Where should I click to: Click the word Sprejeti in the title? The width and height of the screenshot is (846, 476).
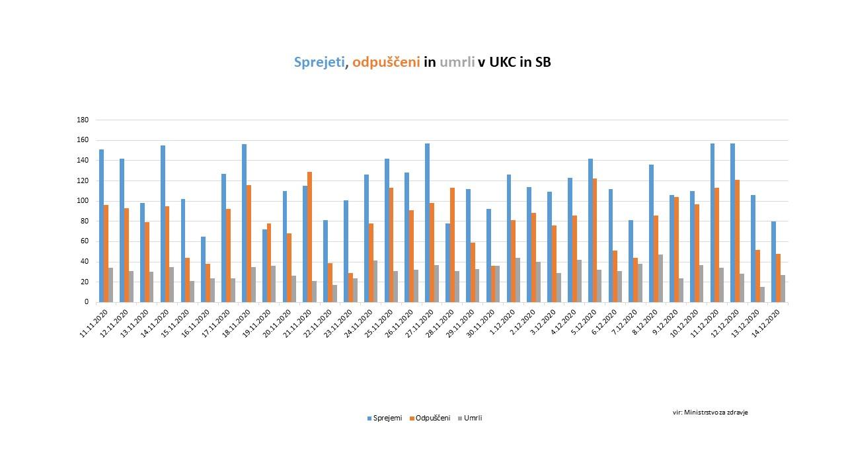(x=319, y=63)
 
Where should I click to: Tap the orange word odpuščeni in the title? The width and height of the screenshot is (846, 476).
(x=386, y=63)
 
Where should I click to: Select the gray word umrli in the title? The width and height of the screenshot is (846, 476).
(x=457, y=63)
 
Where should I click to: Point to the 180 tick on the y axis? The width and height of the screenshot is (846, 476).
(x=83, y=120)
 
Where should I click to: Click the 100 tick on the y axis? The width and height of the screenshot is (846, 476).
(x=83, y=201)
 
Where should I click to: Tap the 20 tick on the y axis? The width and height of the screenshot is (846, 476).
(x=85, y=282)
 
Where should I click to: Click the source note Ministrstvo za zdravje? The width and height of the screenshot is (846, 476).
(x=711, y=412)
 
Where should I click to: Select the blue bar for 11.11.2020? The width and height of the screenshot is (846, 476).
(x=101, y=225)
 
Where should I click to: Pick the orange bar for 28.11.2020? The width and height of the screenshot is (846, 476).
(x=453, y=245)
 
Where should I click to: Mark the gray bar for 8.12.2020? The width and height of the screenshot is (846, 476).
(x=661, y=278)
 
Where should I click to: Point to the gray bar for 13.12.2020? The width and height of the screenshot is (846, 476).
(x=763, y=294)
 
